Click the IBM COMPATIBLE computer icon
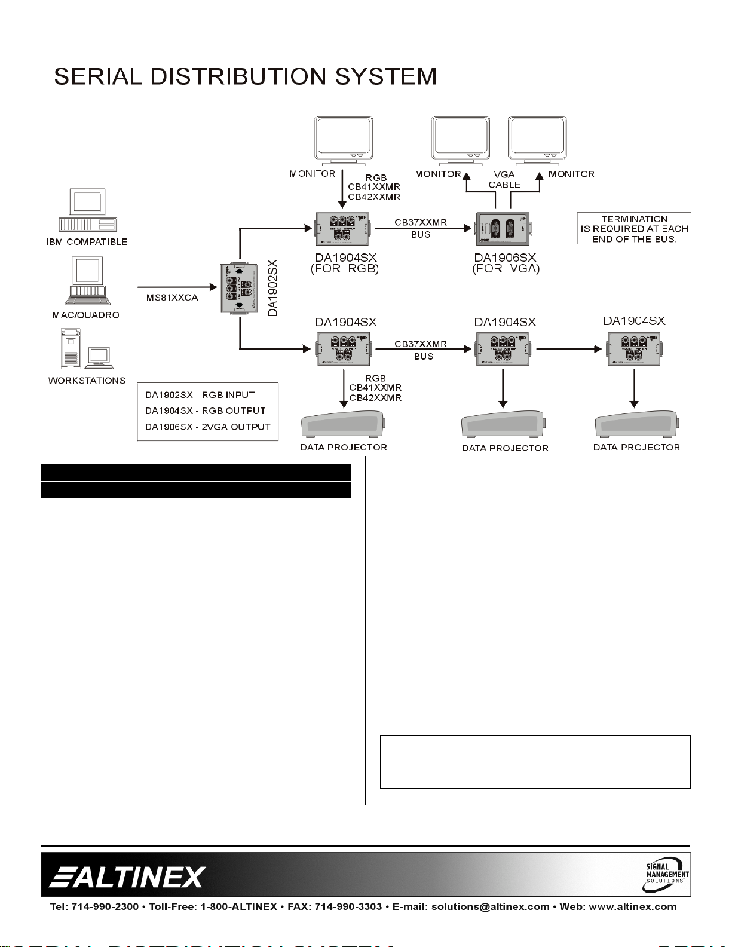pyautogui.click(x=87, y=210)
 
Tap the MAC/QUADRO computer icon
pyautogui.click(x=87, y=281)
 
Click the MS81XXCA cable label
pyautogui.click(x=172, y=298)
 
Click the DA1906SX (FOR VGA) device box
pyautogui.click(x=502, y=229)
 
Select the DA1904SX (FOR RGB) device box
pyautogui.click(x=342, y=229)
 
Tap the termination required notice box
pyautogui.click(x=634, y=229)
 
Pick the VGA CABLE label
pyautogui.click(x=504, y=180)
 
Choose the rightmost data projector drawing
pyautogui.click(x=637, y=425)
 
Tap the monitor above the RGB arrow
pyautogui.click(x=344, y=141)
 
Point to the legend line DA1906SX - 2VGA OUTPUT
pyautogui.click(x=207, y=427)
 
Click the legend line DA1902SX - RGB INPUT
pyautogui.click(x=200, y=395)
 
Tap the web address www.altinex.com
pyautogui.click(x=633, y=907)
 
